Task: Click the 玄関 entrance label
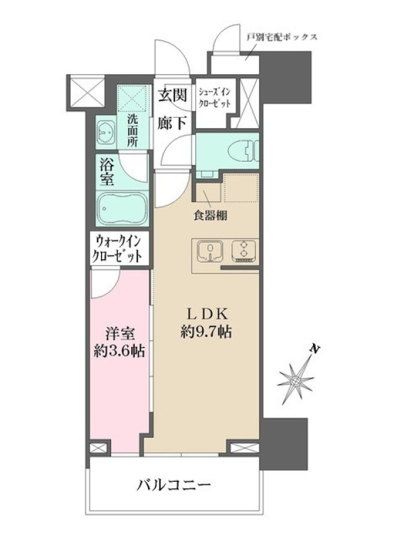(x=172, y=95)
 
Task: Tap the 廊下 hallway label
(x=172, y=123)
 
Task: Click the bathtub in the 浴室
(x=122, y=208)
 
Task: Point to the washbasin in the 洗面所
(x=106, y=133)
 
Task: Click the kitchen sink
(x=209, y=251)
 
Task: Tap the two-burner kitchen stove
(x=244, y=251)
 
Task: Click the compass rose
(x=296, y=381)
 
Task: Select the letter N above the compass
(x=314, y=349)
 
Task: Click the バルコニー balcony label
(x=174, y=485)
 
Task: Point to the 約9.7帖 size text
(x=206, y=331)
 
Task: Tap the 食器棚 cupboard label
(x=210, y=216)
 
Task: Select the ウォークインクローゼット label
(x=119, y=249)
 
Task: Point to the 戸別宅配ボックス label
(x=282, y=37)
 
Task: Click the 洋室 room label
(x=120, y=334)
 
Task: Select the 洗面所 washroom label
(x=133, y=131)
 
